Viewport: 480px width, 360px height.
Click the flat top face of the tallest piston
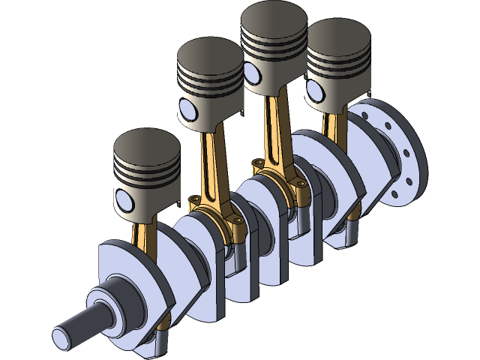tap(274, 18)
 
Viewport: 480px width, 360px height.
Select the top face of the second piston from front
tap(209, 55)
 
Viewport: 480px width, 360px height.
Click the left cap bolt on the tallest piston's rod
tap(258, 163)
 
